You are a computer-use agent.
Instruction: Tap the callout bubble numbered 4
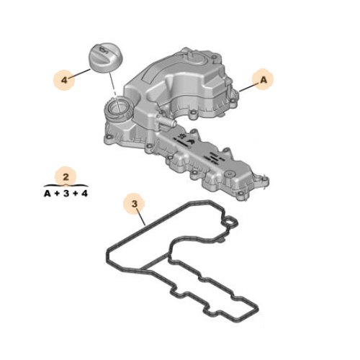[66, 80]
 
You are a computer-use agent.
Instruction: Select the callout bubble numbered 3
[134, 205]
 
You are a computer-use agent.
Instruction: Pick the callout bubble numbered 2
[66, 176]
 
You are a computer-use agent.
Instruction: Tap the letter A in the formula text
[47, 193]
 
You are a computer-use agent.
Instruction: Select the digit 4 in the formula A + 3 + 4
[84, 193]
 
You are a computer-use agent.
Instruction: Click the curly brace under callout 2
[66, 185]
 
